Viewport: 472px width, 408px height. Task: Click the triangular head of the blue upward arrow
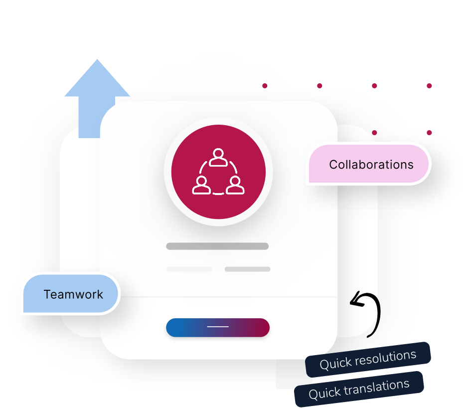pos(97,80)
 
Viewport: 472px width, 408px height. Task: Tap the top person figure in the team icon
pos(218,157)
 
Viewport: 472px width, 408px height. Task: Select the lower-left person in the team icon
pos(201,186)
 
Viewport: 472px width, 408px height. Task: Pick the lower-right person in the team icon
pos(235,186)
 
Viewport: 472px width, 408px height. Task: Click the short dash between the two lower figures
pos(218,194)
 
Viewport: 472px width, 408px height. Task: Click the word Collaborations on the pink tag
pos(371,165)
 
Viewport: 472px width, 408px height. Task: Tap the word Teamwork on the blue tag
pos(73,294)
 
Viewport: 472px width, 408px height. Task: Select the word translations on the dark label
pos(377,388)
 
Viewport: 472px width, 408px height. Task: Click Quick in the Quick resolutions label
pos(335,364)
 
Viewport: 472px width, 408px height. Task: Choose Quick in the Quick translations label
pos(325,393)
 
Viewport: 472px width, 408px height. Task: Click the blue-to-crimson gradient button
pos(218,328)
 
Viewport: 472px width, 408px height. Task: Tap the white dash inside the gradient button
pos(218,327)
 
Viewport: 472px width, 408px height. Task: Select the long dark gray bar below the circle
pos(217,246)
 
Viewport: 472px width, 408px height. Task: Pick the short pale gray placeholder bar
pos(189,269)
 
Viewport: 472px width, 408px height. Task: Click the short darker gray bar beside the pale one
pos(247,269)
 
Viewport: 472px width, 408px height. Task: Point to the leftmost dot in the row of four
pos(265,86)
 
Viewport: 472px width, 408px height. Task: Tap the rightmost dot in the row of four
pos(429,86)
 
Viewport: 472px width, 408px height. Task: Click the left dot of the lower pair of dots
pos(374,133)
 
